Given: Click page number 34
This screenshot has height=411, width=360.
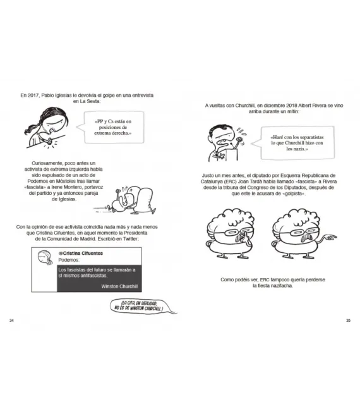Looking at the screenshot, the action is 11,321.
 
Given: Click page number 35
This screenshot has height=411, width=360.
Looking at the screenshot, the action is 348,321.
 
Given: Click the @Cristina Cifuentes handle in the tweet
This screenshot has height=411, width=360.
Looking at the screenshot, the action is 81,253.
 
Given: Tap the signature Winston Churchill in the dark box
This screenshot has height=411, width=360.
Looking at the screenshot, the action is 119,286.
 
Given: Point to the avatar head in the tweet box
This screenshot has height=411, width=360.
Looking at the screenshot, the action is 45,258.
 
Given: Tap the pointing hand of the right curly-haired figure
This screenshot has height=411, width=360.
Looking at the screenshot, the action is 331,237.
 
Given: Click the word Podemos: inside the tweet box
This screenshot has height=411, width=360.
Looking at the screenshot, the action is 69,260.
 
